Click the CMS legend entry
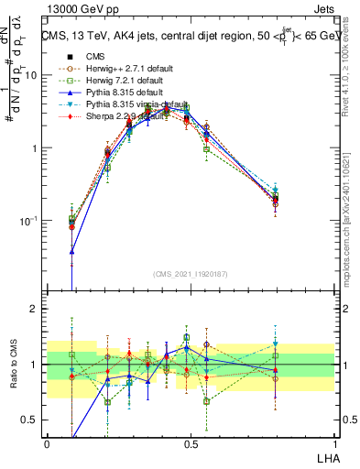pyautogui.click(x=95, y=55)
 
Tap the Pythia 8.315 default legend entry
pyautogui.click(x=113, y=93)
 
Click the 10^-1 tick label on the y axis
pyautogui.click(x=29, y=221)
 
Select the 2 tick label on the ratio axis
pyautogui.click(x=34, y=309)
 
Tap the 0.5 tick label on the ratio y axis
pyautogui.click(x=29, y=420)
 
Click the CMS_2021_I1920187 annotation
pyautogui.click(x=191, y=274)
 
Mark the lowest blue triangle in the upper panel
pyautogui.click(x=71, y=251)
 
